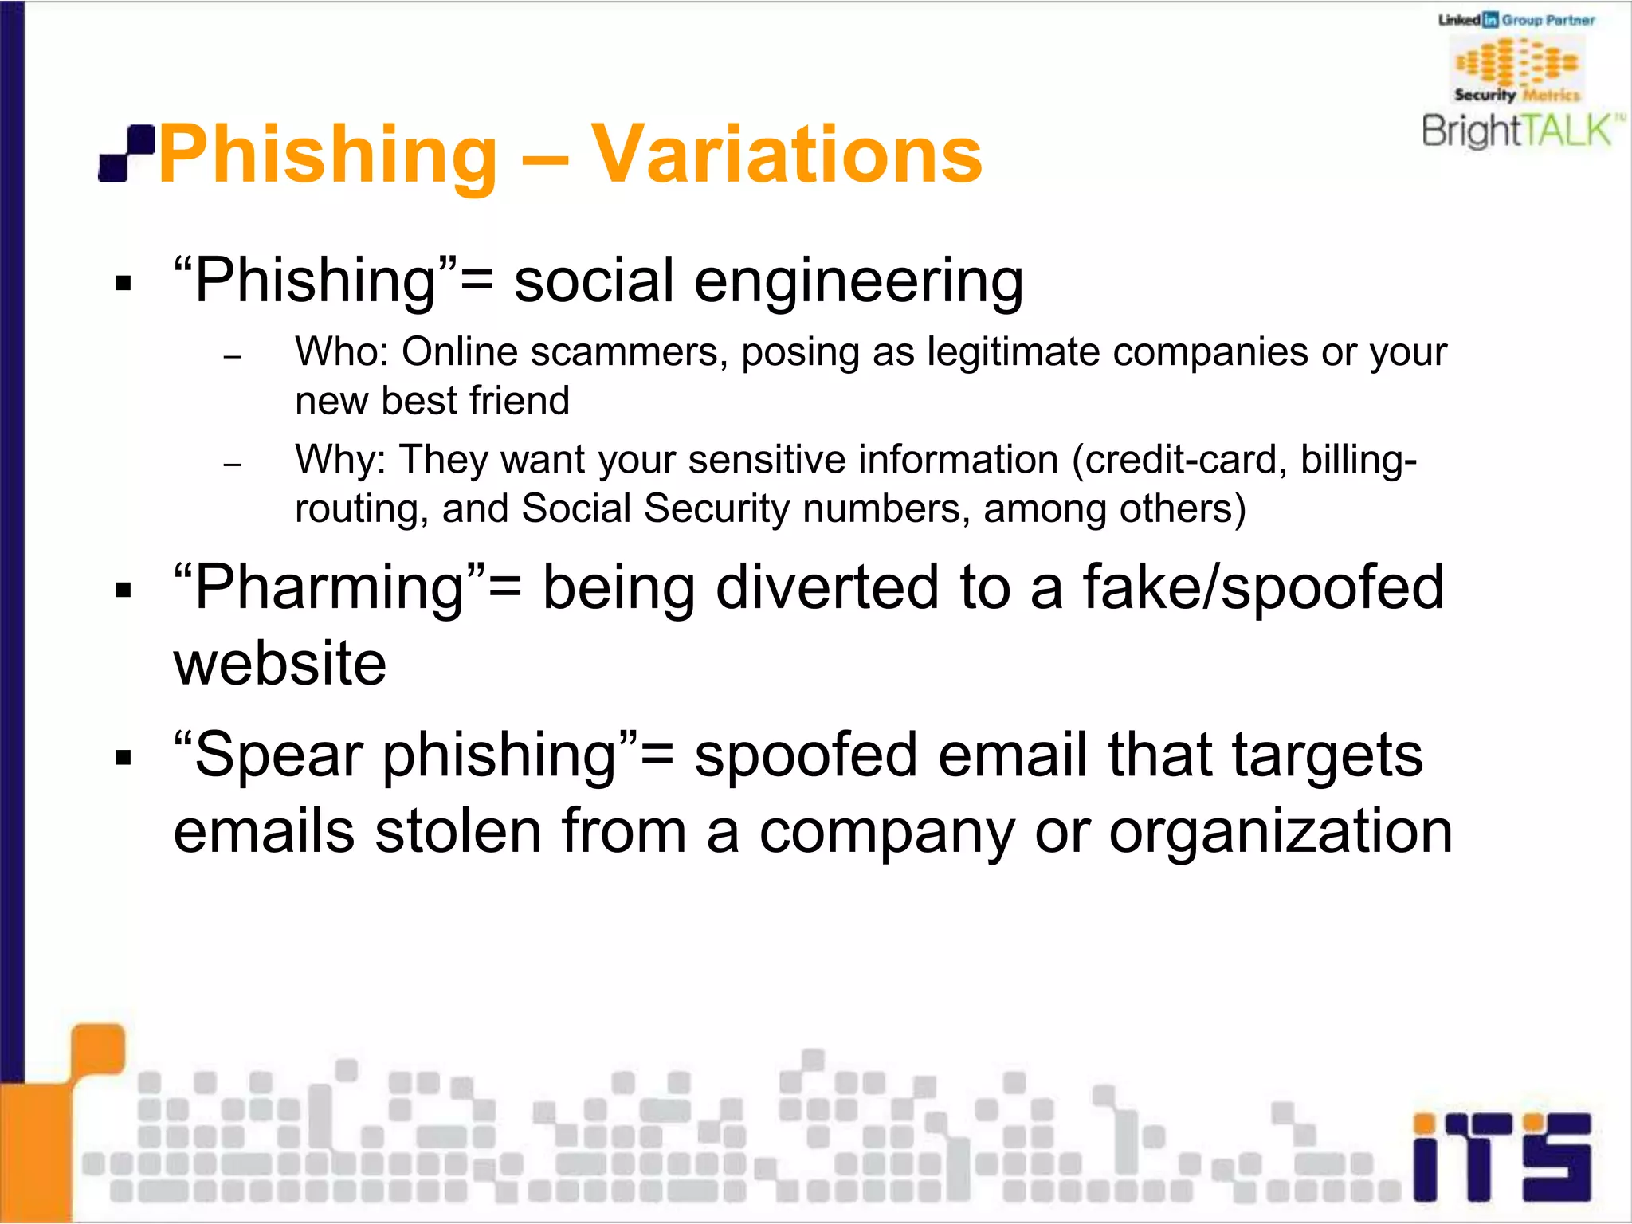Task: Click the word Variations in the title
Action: pyautogui.click(x=786, y=155)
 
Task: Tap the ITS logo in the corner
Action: pyautogui.click(x=1502, y=1157)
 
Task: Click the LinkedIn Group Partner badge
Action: pyautogui.click(x=1516, y=20)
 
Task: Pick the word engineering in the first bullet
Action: pyautogui.click(x=858, y=281)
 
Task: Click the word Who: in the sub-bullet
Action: pyautogui.click(x=341, y=352)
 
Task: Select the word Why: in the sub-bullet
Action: pyautogui.click(x=340, y=460)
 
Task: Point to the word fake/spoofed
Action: pyautogui.click(x=1262, y=588)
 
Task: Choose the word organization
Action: pyautogui.click(x=1281, y=831)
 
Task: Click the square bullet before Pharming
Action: pyautogui.click(x=123, y=590)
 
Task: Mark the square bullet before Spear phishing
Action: pyautogui.click(x=123, y=757)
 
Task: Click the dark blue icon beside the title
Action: pyautogui.click(x=126, y=153)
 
